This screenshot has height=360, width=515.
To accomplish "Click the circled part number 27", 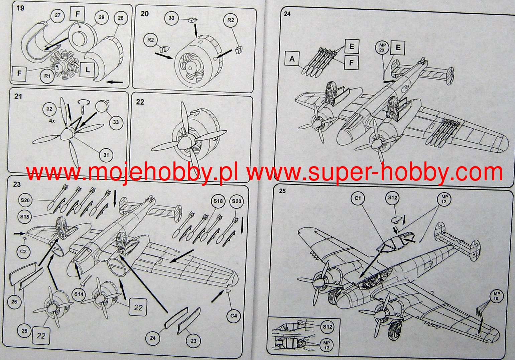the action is pos(57,15).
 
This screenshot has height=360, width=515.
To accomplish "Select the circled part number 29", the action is pos(101,17).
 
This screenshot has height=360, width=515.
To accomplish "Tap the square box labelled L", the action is pos(88,70).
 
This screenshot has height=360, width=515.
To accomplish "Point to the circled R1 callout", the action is pos(47,76).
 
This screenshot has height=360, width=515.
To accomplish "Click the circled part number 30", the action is pos(171,18).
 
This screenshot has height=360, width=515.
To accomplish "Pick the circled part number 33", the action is pos(116,122).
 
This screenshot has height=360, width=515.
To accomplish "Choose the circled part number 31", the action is pos(106,155).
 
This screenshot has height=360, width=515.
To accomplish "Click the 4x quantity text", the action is pos(52,121).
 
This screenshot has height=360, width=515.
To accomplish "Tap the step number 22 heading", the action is pos(140,102).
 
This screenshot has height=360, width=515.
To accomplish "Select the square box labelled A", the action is pos(292,59).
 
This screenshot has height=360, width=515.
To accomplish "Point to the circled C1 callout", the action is pos(358,198).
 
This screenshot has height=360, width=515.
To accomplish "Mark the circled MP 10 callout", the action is pos(496,296).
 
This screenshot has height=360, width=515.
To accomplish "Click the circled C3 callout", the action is pos(23,251).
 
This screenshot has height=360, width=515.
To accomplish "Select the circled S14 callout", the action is pos(79,294).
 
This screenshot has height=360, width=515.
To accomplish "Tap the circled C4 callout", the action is pos(234,316).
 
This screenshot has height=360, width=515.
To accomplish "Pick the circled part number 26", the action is pos(14,302).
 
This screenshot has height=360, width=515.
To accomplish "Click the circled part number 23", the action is pos(194,341).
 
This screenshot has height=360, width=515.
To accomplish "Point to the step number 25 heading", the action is pos(282,191).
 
